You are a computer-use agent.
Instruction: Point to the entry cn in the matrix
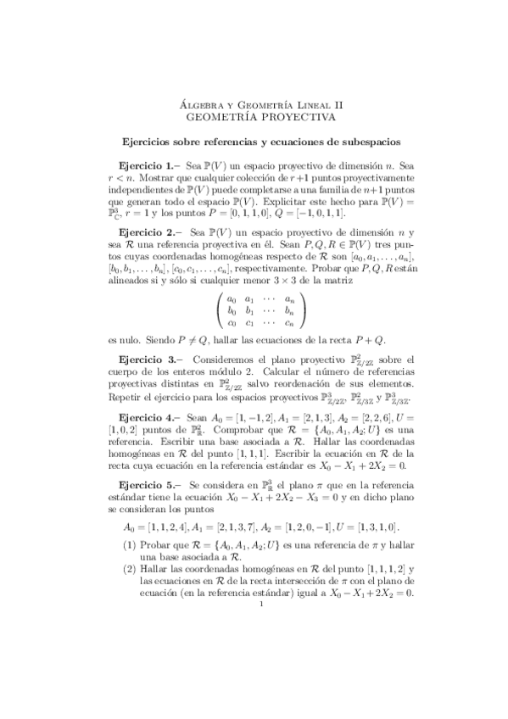[290, 298]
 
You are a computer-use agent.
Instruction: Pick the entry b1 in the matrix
[249, 287]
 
